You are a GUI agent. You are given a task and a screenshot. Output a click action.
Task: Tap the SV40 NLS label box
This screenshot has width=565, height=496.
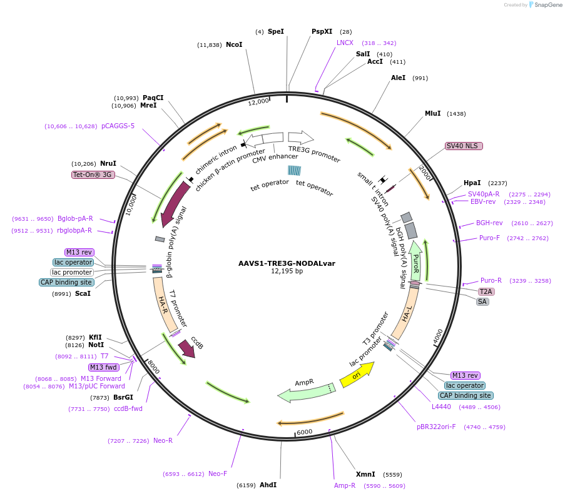(463, 146)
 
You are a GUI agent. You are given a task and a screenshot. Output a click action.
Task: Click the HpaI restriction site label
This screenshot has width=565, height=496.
(472, 183)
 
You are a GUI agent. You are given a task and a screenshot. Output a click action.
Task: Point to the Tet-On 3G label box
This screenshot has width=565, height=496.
(93, 175)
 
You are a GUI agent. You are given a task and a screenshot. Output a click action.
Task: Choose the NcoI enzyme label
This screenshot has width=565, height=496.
(234, 44)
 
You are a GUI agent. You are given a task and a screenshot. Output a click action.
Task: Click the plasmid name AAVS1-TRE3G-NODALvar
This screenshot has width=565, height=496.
(287, 263)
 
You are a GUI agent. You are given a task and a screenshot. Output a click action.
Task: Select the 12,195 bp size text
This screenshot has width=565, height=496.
(287, 271)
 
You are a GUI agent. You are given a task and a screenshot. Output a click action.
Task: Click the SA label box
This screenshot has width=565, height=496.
(482, 301)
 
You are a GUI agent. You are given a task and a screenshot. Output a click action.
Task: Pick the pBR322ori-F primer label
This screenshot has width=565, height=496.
(436, 427)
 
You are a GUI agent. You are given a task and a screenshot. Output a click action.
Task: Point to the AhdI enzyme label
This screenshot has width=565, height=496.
(268, 485)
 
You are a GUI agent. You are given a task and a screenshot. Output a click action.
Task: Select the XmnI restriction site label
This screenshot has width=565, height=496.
(365, 474)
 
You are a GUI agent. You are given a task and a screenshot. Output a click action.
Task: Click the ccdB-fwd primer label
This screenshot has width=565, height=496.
(128, 408)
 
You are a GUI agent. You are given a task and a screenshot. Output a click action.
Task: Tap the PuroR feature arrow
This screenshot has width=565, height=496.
(415, 261)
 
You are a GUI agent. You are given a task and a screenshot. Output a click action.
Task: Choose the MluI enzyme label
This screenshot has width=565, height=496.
(432, 113)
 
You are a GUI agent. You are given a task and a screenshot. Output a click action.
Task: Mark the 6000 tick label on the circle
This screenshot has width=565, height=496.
(304, 432)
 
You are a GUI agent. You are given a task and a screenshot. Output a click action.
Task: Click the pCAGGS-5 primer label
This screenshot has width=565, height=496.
(118, 126)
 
